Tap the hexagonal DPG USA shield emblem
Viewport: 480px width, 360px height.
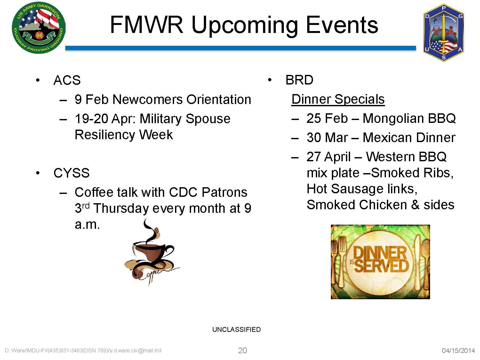click(x=444, y=33)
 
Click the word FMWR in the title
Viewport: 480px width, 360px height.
click(x=147, y=25)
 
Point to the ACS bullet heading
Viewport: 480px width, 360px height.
click(x=67, y=80)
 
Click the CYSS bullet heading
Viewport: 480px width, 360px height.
click(x=71, y=173)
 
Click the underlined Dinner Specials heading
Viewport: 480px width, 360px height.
click(x=338, y=99)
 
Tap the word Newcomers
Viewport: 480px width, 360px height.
click(x=148, y=100)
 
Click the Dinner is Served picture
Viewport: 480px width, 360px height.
click(x=380, y=262)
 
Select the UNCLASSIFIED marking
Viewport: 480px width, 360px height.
click(x=236, y=329)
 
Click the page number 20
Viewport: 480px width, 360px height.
click(x=242, y=351)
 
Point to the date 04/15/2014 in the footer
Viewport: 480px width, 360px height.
click(x=458, y=351)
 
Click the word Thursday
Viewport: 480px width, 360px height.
click(x=121, y=208)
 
